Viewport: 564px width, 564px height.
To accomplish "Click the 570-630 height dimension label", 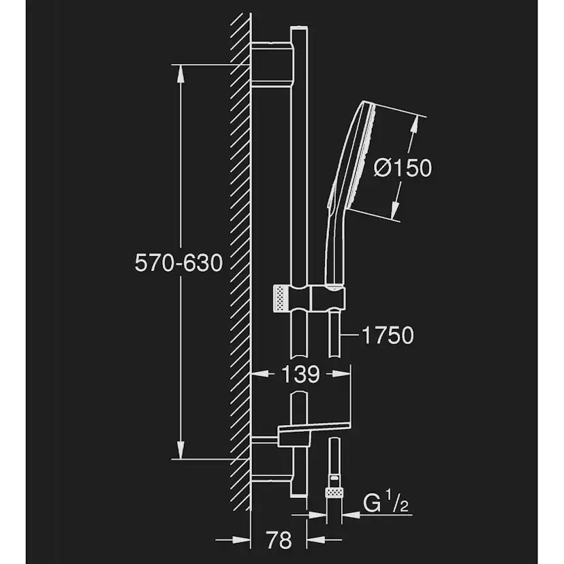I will pos(179,262).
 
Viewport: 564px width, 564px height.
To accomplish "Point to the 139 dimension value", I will pos(300,373).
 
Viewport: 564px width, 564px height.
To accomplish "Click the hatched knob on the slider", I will pos(279,298).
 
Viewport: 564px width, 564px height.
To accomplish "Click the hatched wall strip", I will pos(241,259).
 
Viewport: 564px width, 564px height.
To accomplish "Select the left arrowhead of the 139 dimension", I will pos(260,373).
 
